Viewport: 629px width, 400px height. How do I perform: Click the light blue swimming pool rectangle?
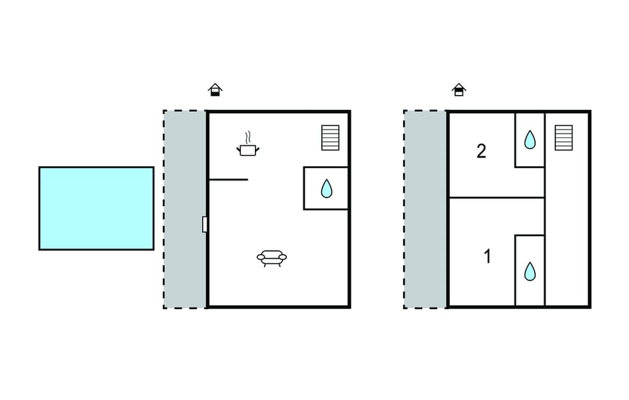click(96, 208)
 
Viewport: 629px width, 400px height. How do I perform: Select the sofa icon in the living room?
click(272, 258)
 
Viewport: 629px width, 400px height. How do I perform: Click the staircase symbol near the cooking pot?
click(330, 137)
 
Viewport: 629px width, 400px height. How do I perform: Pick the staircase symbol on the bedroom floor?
click(563, 137)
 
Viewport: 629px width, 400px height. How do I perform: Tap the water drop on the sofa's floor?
click(327, 189)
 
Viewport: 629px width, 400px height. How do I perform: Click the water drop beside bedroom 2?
click(530, 139)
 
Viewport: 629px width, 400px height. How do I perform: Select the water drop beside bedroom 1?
click(530, 271)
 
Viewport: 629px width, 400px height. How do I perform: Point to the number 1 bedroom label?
click(487, 257)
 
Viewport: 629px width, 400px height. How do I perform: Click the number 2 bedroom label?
click(482, 151)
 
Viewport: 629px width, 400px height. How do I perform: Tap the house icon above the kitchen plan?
click(216, 90)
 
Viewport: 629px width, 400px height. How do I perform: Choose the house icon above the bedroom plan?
click(459, 90)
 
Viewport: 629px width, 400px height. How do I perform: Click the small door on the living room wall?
click(204, 224)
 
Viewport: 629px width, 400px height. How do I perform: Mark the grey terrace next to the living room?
click(185, 209)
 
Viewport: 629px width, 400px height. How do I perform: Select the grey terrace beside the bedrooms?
click(425, 209)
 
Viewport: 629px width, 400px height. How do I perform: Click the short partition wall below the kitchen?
click(228, 179)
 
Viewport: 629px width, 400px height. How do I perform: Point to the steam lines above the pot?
click(249, 137)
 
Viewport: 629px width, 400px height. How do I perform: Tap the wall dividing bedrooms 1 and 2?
click(497, 198)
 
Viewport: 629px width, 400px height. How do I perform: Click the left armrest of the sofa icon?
click(261, 257)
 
